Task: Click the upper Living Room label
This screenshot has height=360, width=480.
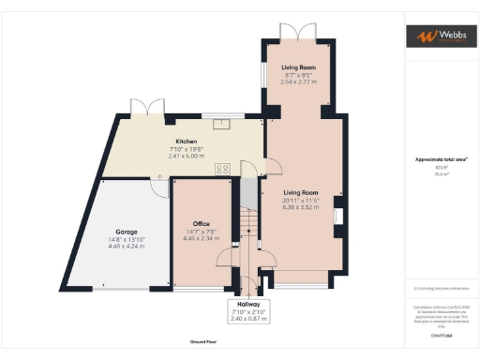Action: (x=300, y=67)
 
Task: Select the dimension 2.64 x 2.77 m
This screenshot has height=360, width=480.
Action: (x=300, y=82)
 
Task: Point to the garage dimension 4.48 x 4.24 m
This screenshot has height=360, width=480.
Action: (x=127, y=246)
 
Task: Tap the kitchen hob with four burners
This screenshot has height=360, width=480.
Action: (x=224, y=170)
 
